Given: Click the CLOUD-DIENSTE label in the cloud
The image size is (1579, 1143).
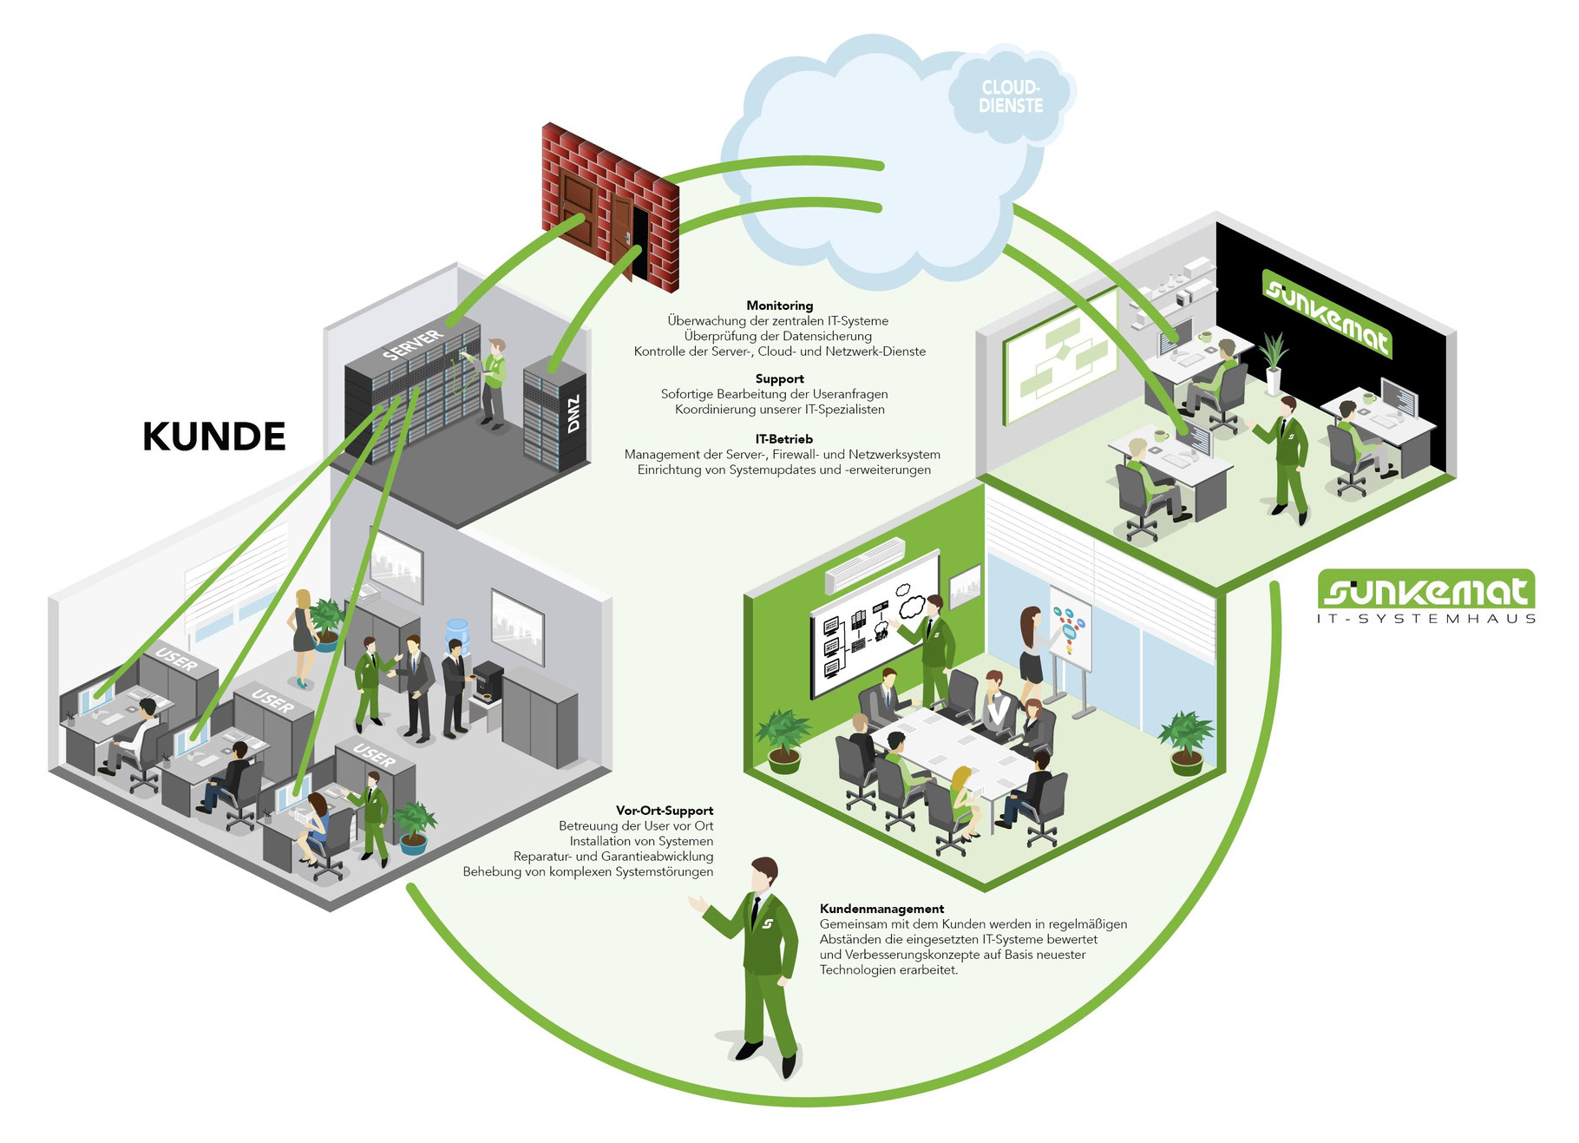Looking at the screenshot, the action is [1011, 96].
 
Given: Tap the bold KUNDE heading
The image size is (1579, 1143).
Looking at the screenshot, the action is [214, 437].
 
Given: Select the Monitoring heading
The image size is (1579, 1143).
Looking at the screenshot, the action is [780, 305].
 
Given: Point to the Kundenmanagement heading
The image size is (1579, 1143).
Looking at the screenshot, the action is [881, 909].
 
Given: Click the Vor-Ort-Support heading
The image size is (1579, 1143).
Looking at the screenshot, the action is [665, 811].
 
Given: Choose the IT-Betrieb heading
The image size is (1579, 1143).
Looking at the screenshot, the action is [784, 439].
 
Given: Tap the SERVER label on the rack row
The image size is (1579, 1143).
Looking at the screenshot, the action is [413, 345].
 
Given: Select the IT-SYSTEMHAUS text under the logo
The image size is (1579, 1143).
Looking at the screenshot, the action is [1426, 619].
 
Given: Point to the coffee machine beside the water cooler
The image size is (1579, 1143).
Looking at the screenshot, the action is [488, 681].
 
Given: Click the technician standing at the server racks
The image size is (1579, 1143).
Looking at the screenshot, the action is [493, 383].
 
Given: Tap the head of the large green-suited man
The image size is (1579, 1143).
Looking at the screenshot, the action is [764, 874].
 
